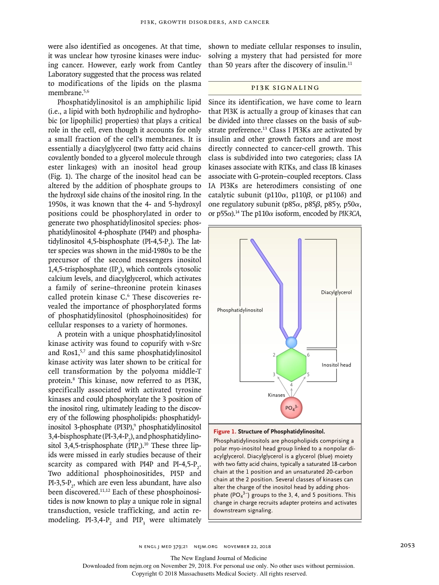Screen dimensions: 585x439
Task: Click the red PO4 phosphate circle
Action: click(291, 408)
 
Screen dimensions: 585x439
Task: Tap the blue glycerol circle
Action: click(291, 343)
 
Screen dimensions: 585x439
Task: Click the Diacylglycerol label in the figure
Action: click(336, 292)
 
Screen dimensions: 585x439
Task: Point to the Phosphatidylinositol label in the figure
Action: click(240, 310)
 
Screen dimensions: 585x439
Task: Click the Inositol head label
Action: click(336, 365)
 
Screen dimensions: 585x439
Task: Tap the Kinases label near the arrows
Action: click(276, 395)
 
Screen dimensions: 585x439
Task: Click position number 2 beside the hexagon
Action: click(274, 355)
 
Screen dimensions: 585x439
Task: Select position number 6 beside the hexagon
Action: click(308, 355)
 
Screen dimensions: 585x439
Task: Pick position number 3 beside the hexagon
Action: click(274, 374)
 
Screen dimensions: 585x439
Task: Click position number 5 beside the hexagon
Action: click(308, 374)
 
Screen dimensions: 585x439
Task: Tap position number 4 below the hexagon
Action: click(291, 385)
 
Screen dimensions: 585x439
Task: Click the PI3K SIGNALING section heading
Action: click(285, 88)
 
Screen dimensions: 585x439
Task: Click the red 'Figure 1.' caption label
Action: click(225, 432)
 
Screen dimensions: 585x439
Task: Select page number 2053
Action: click(407, 545)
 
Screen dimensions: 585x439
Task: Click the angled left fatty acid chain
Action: click(266, 263)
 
